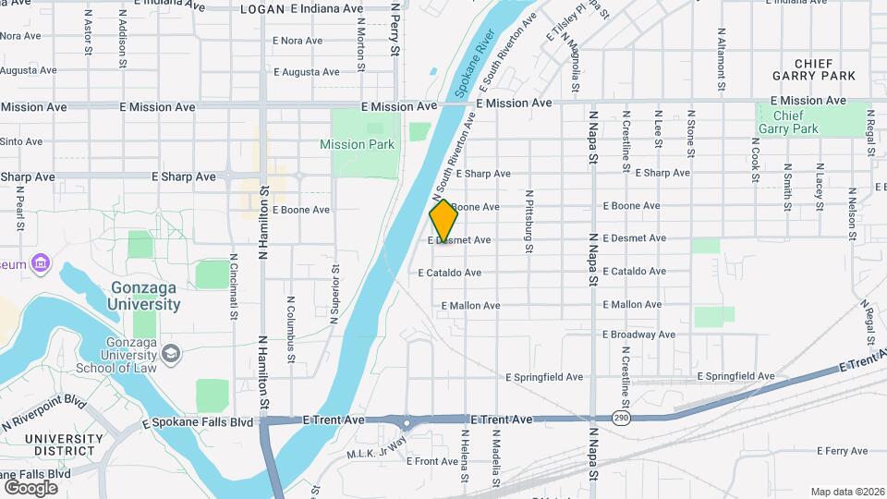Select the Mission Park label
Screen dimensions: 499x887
(x=357, y=144)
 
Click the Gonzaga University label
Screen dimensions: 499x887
(x=144, y=295)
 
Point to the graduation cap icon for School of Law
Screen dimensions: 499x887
(x=171, y=353)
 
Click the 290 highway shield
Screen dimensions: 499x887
(x=618, y=419)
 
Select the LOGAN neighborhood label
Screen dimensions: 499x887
(x=261, y=8)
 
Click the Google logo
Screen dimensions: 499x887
(x=30, y=487)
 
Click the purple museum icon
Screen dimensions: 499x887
(x=40, y=265)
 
